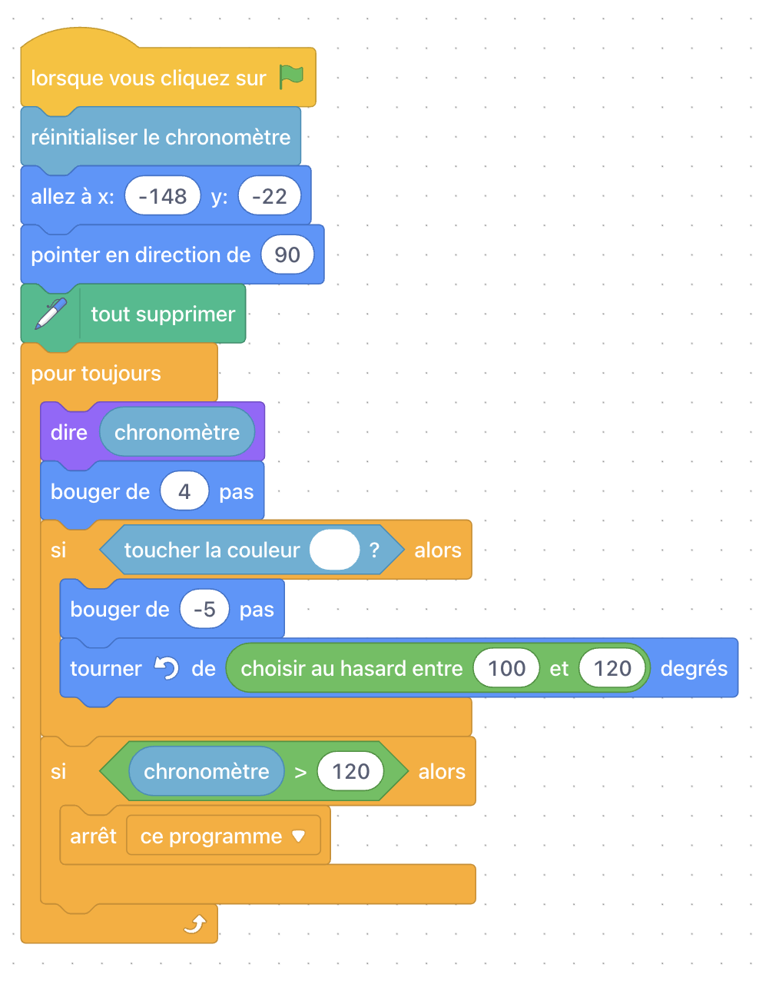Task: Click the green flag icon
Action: click(x=291, y=77)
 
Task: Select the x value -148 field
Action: click(x=162, y=196)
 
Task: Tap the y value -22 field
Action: click(x=269, y=196)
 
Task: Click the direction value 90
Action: click(x=287, y=254)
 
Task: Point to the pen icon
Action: click(x=51, y=314)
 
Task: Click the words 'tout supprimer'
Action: click(x=163, y=314)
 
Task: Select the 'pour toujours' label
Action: click(x=95, y=374)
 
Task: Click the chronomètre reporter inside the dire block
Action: click(x=177, y=432)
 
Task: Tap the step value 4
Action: click(x=184, y=491)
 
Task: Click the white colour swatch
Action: click(x=334, y=550)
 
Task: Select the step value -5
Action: click(x=204, y=609)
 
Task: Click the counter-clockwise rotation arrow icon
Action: click(x=167, y=667)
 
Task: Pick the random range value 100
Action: click(x=506, y=668)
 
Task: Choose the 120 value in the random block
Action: click(x=612, y=668)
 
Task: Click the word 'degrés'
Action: click(x=694, y=669)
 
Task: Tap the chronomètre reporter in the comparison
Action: click(x=207, y=771)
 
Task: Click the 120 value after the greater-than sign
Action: click(x=350, y=771)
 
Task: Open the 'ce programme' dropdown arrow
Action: click(x=298, y=836)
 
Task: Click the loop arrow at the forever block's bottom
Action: click(x=195, y=923)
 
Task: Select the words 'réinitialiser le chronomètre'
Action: click(x=161, y=137)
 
